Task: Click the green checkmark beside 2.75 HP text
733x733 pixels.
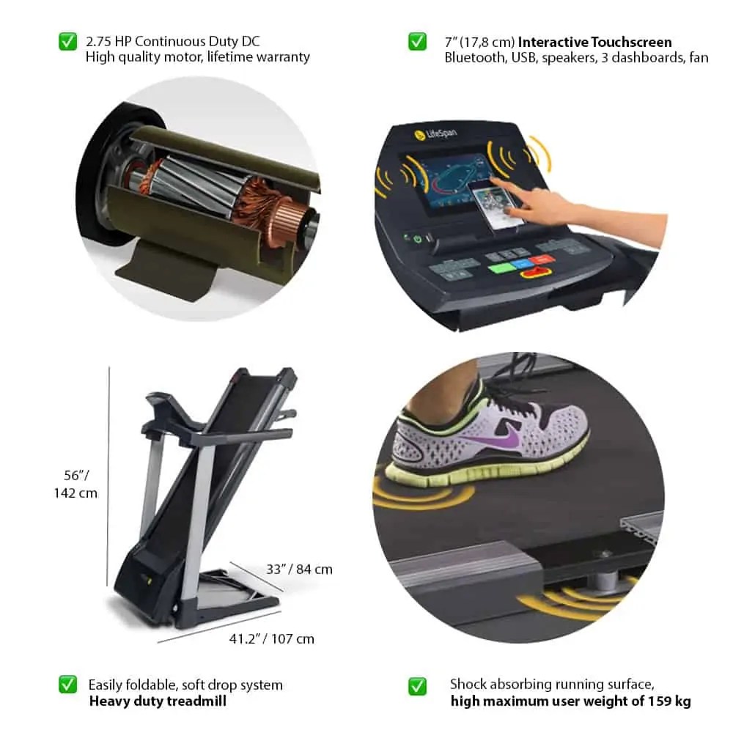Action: tap(67, 42)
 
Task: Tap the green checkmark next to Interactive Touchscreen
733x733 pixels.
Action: tap(417, 42)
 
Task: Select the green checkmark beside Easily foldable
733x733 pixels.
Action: tap(67, 685)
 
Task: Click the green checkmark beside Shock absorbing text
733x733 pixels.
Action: tap(417, 686)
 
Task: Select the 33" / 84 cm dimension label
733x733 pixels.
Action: tap(299, 569)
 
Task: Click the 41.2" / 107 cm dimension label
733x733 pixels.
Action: tap(271, 638)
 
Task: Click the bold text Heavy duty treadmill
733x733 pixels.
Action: tap(158, 701)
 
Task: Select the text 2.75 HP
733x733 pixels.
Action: tap(109, 42)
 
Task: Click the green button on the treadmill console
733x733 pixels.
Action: tap(501, 268)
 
